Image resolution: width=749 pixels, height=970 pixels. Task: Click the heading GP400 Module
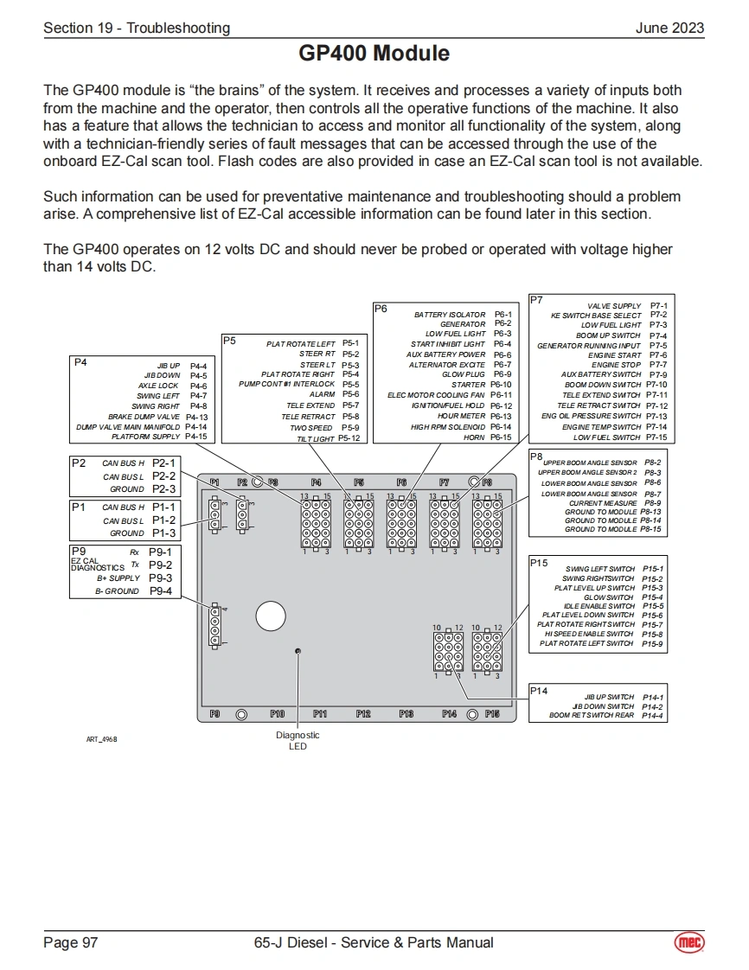pos(374,54)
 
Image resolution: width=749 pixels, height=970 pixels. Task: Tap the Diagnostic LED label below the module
pos(298,741)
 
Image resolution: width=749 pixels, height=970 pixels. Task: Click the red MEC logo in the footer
pos(689,942)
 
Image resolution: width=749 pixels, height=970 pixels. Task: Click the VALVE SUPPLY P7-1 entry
pos(627,306)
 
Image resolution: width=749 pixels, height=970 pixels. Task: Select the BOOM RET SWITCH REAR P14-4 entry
pos(605,716)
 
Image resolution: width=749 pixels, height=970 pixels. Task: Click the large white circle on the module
pos(271,616)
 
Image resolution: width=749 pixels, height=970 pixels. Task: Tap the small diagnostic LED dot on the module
pos(298,651)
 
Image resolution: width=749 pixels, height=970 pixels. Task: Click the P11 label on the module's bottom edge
pos(320,714)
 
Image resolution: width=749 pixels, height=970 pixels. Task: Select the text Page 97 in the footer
pos(71,942)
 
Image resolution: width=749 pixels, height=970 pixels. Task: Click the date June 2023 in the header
pos(669,28)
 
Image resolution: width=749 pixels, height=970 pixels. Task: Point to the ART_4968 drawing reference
pos(101,739)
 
